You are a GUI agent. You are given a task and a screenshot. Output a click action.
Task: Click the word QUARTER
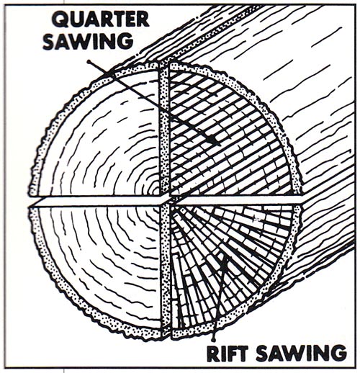[100, 19]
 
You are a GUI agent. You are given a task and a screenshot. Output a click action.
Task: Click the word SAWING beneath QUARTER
[88, 41]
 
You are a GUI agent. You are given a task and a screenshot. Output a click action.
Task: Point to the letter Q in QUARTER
[60, 19]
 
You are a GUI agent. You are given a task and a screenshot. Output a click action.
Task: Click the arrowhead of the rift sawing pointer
[225, 261]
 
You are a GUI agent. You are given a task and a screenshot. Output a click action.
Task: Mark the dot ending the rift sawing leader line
[212, 339]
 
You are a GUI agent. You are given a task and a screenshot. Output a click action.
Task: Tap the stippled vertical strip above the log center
[165, 130]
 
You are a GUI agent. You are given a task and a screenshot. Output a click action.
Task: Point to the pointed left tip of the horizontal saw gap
[29, 205]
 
